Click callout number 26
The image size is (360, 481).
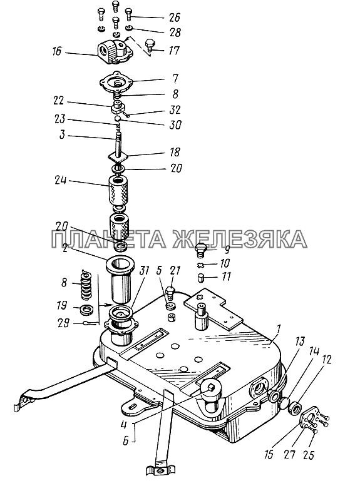(174, 17)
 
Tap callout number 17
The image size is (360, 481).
(173, 50)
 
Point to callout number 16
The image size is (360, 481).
(57, 51)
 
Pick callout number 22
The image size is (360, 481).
(58, 101)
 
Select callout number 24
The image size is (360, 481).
(61, 180)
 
